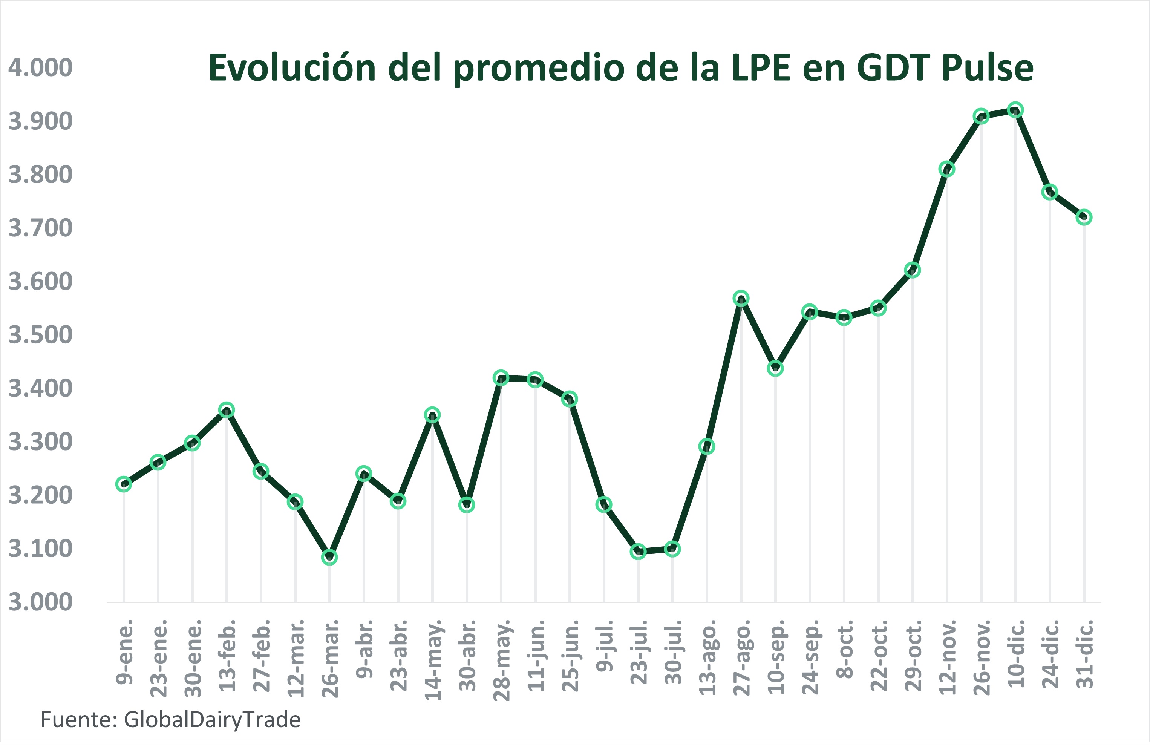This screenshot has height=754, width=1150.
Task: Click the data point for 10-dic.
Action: [1015, 110]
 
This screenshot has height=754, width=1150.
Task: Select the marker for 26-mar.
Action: [329, 557]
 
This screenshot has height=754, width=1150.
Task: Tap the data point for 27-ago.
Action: [741, 298]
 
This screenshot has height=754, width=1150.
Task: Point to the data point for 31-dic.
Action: [1084, 217]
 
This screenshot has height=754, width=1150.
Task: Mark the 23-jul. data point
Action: [638, 552]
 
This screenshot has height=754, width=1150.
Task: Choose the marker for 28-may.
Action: [501, 377]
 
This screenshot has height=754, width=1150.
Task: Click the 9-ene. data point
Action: [124, 484]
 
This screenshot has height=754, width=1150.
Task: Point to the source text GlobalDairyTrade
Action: [212, 720]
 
